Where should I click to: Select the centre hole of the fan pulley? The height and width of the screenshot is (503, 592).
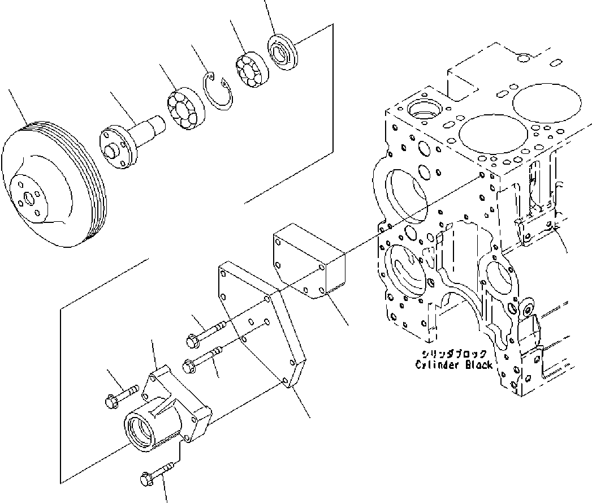(28, 200)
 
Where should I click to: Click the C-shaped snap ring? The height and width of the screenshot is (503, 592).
(217, 91)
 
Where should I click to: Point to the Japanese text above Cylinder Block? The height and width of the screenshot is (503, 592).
(452, 355)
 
